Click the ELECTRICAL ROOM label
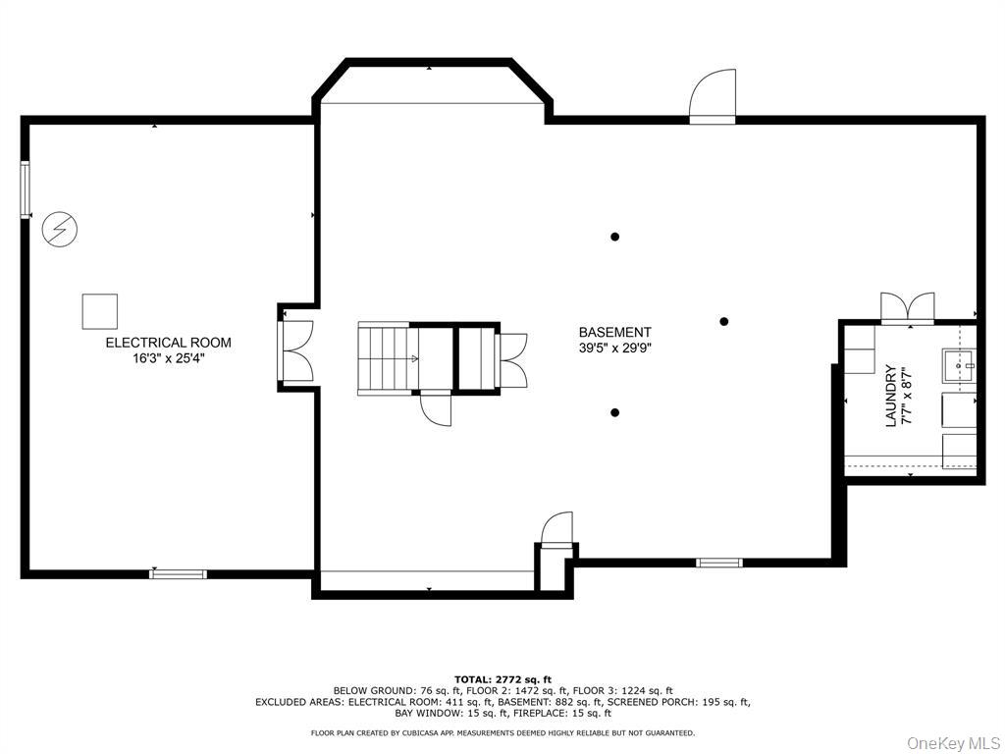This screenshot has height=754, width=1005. point(168,343)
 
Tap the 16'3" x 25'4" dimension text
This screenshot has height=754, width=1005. point(168,358)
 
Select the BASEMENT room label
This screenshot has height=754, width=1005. point(614,332)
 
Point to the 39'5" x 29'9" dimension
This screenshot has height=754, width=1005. point(614,349)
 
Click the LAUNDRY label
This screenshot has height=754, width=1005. point(890,396)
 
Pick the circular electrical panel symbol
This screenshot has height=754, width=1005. point(60,229)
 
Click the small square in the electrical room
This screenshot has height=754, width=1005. point(99,311)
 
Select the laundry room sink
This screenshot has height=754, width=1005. point(959,365)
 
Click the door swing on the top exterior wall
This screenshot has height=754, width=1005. point(713,96)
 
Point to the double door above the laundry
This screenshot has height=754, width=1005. point(908,306)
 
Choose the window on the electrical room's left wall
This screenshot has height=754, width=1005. point(26,189)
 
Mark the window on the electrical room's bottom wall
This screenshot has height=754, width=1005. point(179,573)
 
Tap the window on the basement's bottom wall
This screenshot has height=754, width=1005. point(719,563)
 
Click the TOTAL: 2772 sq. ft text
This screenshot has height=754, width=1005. point(502,679)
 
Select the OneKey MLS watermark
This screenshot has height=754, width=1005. point(953,743)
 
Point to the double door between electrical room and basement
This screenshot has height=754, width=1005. point(296,351)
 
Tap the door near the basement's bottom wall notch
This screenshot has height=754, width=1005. point(556,529)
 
